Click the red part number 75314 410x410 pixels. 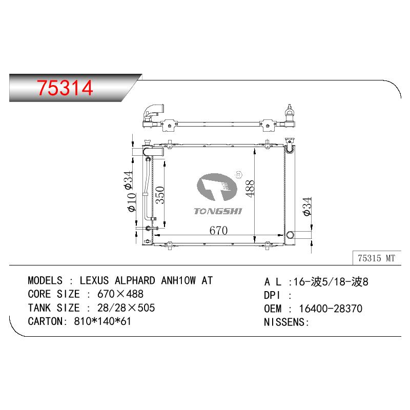[x=65, y=88]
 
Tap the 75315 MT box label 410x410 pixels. [x=376, y=258]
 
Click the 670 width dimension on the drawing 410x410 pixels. [x=219, y=230]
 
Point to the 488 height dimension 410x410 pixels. [x=250, y=189]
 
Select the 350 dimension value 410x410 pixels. [x=160, y=195]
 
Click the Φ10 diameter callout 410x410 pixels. [x=132, y=202]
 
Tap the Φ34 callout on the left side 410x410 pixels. [x=129, y=180]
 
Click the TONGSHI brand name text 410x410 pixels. [x=218, y=211]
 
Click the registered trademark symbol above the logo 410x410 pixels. [x=239, y=175]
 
